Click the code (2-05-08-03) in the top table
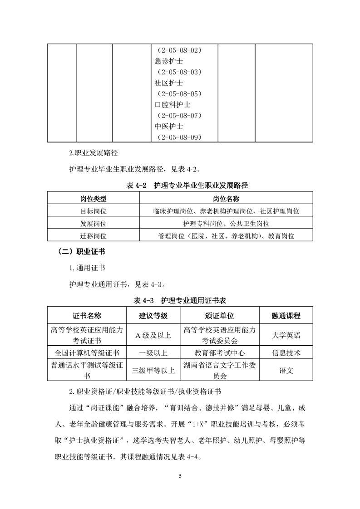click(x=179, y=72)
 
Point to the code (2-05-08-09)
click(x=179, y=137)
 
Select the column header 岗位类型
click(x=94, y=199)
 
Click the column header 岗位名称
click(x=226, y=199)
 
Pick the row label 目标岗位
click(x=94, y=211)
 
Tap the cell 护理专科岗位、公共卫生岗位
click(x=226, y=224)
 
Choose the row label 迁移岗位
click(x=94, y=236)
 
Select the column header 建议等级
click(x=153, y=316)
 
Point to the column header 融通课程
click(x=286, y=316)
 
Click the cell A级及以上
click(x=153, y=335)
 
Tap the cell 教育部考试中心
click(x=220, y=352)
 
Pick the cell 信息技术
click(x=286, y=352)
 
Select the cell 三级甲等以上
click(x=153, y=370)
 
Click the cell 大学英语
click(x=286, y=335)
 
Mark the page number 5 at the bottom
click(x=180, y=476)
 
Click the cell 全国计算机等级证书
click(x=87, y=352)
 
